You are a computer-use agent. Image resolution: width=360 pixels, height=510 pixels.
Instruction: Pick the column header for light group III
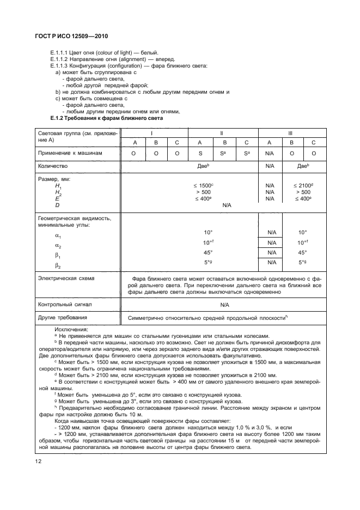pyautogui.click(x=291, y=133)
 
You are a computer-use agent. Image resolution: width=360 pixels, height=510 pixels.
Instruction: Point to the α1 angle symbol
pyautogui.click(x=58, y=236)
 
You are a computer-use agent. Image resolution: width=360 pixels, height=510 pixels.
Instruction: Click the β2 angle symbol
pyautogui.click(x=58, y=265)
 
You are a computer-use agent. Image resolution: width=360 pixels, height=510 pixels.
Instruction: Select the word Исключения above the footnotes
pyautogui.click(x=71, y=330)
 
